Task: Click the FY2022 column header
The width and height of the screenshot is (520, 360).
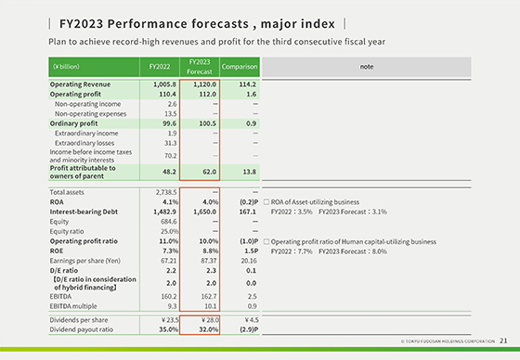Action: (x=159, y=67)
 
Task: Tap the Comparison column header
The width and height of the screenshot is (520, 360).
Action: (x=240, y=67)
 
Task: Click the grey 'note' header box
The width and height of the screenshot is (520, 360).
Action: (x=384, y=67)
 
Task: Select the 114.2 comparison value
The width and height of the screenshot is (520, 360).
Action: (x=244, y=84)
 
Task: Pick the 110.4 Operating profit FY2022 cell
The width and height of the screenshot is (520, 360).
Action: (x=163, y=95)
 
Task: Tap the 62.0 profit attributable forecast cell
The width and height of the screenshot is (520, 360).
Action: (x=206, y=172)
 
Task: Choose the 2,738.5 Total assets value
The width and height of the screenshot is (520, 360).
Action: (x=163, y=191)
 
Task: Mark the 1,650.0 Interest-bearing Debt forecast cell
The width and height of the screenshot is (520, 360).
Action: (x=202, y=212)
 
